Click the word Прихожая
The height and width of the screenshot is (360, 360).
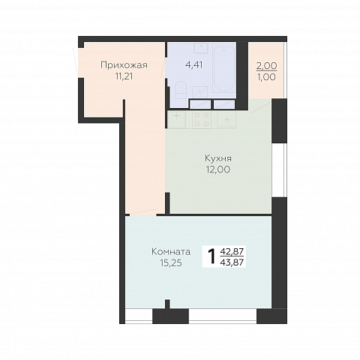pyautogui.click(x=124, y=65)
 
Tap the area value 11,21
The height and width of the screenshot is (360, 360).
pyautogui.click(x=124, y=76)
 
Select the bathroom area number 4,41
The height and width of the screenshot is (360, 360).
pyautogui.click(x=193, y=64)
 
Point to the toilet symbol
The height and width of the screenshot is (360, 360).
pyautogui.click(x=181, y=90)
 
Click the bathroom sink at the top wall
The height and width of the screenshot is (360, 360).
pyautogui.click(x=201, y=48)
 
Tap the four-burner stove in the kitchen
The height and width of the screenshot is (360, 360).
pyautogui.click(x=202, y=120)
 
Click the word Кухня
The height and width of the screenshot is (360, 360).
pyautogui.click(x=218, y=158)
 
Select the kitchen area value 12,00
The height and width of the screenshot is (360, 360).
pyautogui.click(x=218, y=169)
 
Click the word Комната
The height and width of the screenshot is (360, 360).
pyautogui.click(x=171, y=252)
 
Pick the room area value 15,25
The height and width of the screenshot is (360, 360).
pyautogui.click(x=171, y=263)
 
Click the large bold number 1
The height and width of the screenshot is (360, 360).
pyautogui.click(x=211, y=256)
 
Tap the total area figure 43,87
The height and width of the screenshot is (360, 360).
pyautogui.click(x=232, y=262)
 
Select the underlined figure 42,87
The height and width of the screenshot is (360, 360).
pyautogui.click(x=232, y=251)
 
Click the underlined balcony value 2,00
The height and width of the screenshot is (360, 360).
pyautogui.click(x=267, y=66)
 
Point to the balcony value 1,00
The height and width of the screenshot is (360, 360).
pyautogui.click(x=267, y=77)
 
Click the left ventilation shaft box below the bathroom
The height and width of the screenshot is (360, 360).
pyautogui.click(x=200, y=104)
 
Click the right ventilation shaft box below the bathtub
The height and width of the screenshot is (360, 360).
pyautogui.click(x=224, y=104)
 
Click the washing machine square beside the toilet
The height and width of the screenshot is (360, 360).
pyautogui.click(x=200, y=92)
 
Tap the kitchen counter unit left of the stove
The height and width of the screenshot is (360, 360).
pyautogui.click(x=176, y=120)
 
